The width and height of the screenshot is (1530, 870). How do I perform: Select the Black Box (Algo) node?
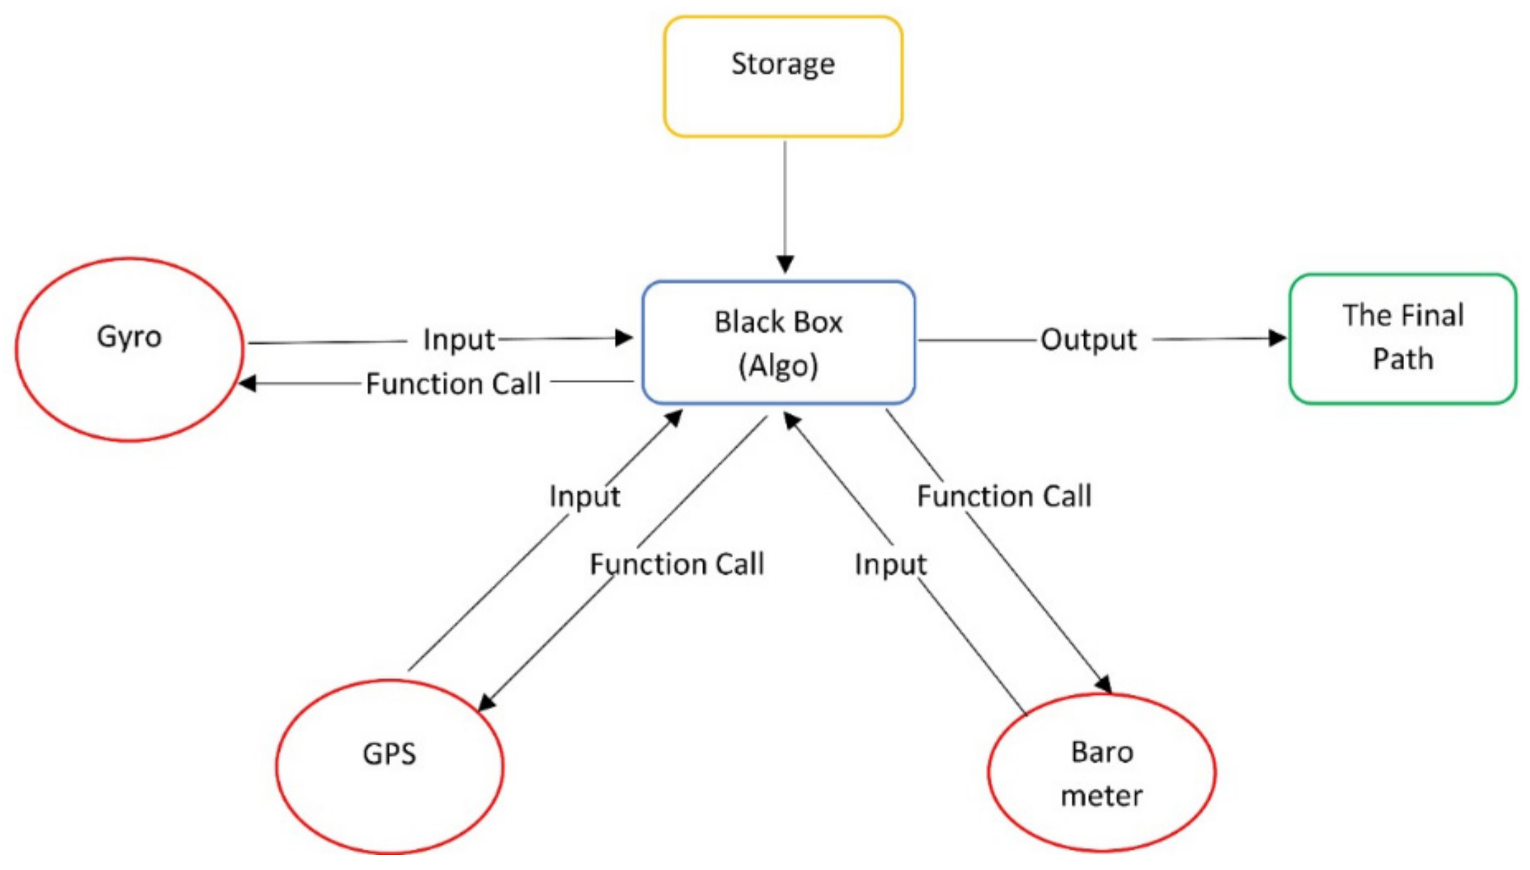point(778,342)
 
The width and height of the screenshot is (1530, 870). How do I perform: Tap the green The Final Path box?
point(1402,339)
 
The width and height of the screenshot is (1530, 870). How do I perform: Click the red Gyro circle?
point(129,350)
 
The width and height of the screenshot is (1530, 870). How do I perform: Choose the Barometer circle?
point(1101,772)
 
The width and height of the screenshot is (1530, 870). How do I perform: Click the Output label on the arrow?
point(1088,340)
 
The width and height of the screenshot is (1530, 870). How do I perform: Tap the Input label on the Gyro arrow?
point(459,340)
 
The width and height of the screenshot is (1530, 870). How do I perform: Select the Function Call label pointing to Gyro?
point(453,383)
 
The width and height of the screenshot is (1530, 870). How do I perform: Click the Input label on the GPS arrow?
point(584,496)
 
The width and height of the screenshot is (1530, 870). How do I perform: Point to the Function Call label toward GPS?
point(677,564)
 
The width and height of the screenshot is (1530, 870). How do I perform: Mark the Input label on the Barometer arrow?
point(890,564)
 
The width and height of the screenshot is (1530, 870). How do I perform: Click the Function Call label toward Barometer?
point(1004,496)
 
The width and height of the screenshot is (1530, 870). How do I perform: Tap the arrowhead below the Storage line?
point(785,264)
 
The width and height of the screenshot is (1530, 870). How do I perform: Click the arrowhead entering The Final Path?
point(1277,338)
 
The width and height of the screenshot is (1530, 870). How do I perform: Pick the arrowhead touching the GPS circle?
point(486,703)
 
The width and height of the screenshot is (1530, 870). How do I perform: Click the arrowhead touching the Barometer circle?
point(1104,685)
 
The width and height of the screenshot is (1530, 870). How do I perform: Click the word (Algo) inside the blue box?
point(777,366)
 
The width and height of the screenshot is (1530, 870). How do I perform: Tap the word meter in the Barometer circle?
point(1101,796)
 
